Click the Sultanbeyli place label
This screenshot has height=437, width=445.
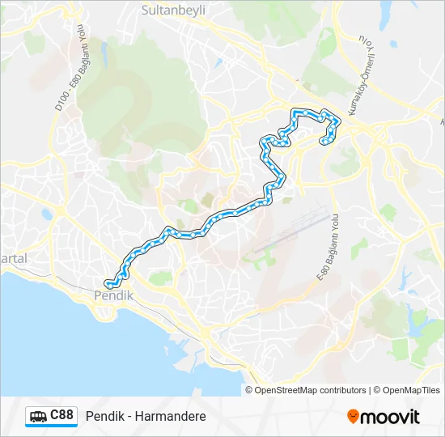coord(173,11)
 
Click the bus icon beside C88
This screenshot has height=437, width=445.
coord(38,416)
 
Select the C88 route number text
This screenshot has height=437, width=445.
coord(61,415)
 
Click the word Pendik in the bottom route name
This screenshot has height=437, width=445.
coord(103,416)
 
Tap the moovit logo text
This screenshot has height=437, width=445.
coord(390,417)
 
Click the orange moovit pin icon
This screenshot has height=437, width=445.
coord(353,416)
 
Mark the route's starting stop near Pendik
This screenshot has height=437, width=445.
coord(108,282)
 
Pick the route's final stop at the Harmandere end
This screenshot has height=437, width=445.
coord(324,141)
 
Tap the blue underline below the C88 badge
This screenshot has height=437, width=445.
coord(51,426)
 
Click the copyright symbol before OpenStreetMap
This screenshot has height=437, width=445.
coord(250,390)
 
